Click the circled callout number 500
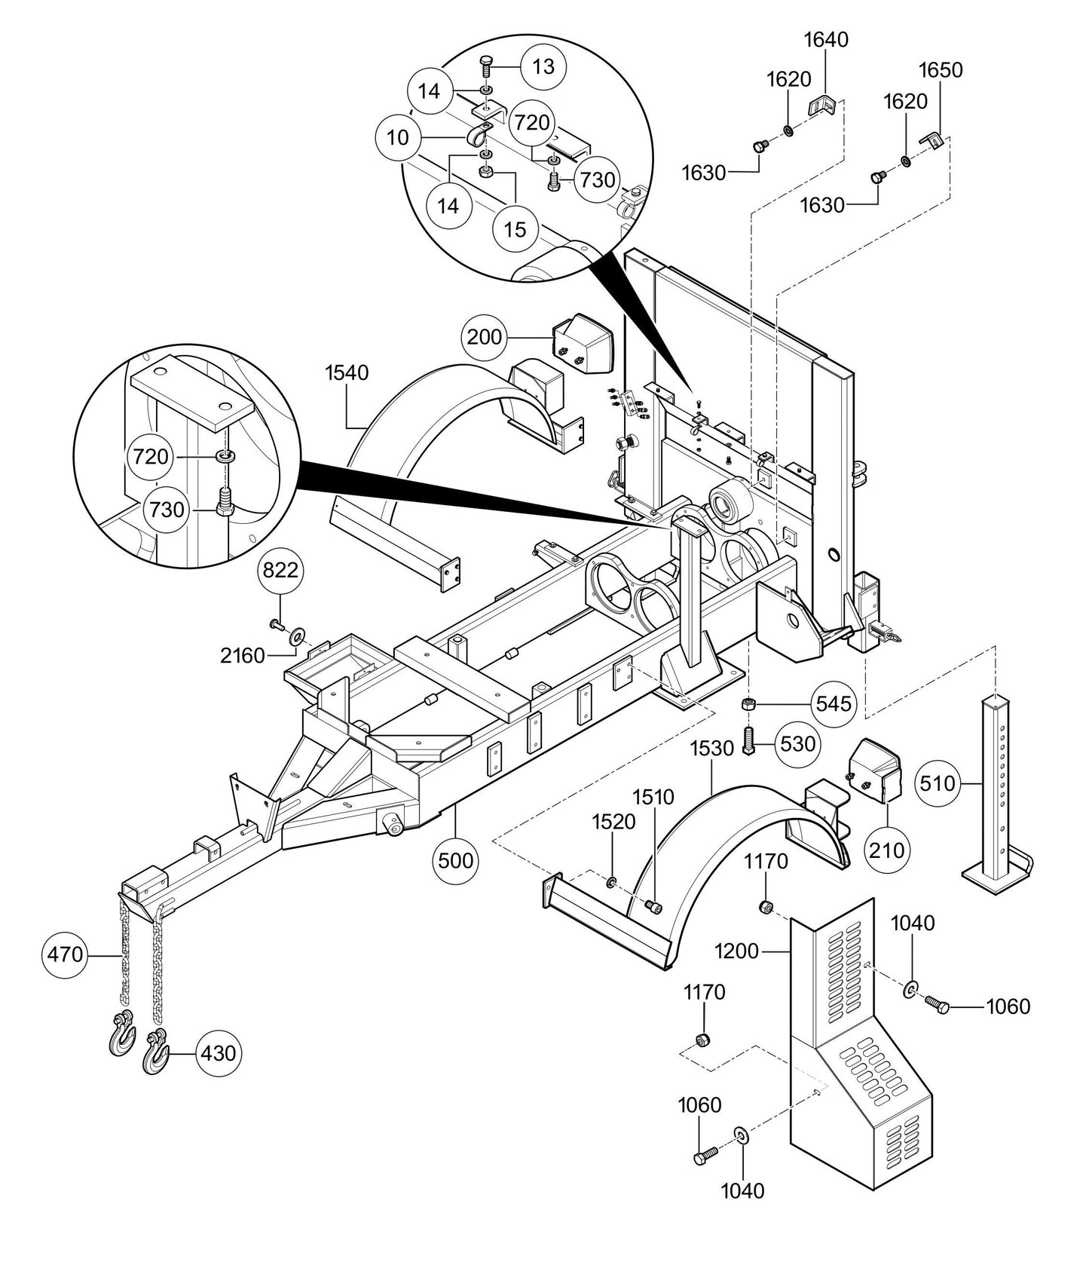click(x=456, y=859)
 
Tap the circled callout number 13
click(x=543, y=66)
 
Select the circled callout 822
click(x=280, y=571)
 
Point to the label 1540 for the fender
click(x=347, y=372)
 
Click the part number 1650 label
click(x=941, y=70)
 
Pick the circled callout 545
click(x=834, y=704)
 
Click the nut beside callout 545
click(x=749, y=705)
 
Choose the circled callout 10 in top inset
click(x=398, y=137)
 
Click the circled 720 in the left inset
click(x=151, y=456)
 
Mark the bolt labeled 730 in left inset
click(x=223, y=501)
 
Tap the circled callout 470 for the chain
click(x=65, y=954)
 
